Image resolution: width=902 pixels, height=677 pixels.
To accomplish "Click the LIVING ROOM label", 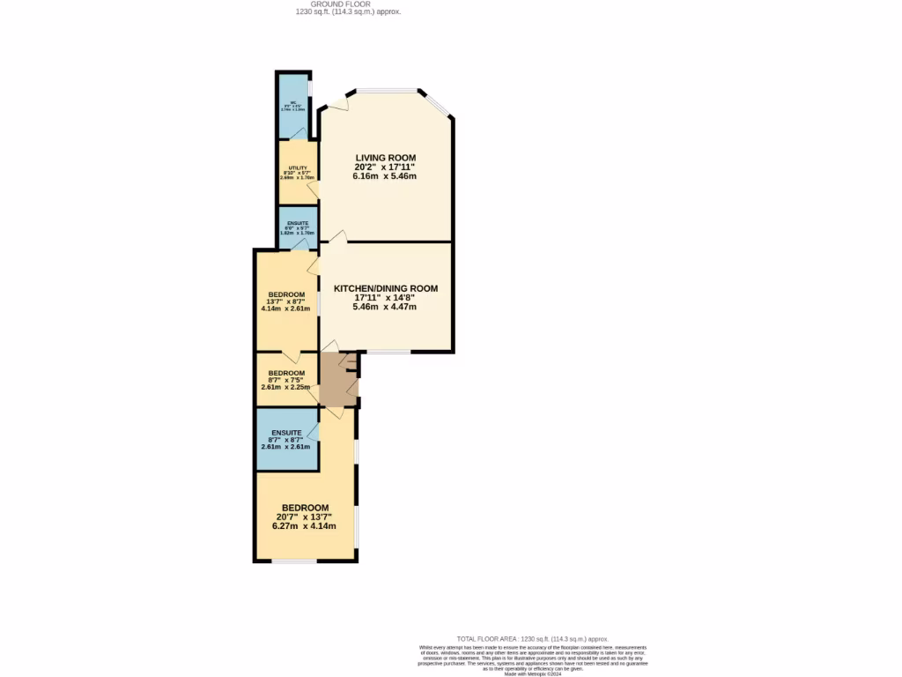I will [x=385, y=158].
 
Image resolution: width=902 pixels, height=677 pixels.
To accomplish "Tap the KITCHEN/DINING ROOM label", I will [x=385, y=288].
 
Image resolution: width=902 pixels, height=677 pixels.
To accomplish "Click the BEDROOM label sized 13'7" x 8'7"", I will [x=286, y=294].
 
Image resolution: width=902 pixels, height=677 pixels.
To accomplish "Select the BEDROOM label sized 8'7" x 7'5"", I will [x=286, y=373].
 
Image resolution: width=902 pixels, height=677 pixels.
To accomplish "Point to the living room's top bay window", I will [x=386, y=90].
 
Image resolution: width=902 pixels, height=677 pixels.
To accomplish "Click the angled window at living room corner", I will [x=440, y=104].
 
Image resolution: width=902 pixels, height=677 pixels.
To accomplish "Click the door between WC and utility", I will [x=299, y=134].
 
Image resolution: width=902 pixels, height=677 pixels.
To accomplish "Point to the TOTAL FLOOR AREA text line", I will [x=532, y=638].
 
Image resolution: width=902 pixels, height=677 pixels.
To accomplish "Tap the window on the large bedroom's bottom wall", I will [x=293, y=561].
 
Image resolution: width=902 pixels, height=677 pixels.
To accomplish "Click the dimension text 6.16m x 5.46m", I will [x=385, y=176].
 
